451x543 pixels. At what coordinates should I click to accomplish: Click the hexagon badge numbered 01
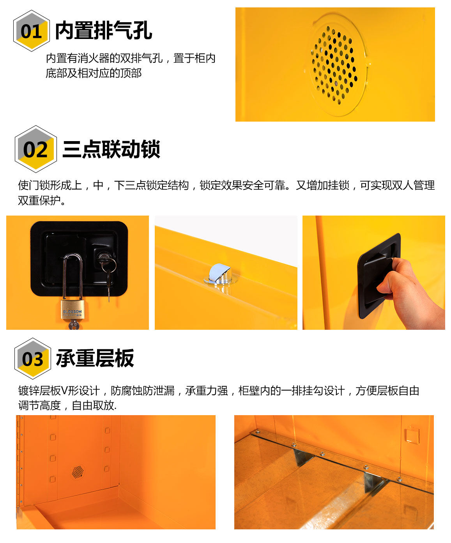32,31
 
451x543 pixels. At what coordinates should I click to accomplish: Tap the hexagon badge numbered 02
35,149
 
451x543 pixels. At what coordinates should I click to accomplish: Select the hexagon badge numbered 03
32,358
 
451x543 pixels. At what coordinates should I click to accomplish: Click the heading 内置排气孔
104,30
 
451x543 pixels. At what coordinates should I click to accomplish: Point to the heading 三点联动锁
111,149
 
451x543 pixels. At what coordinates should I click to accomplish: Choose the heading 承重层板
95,358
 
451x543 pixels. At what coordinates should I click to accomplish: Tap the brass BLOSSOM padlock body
73,310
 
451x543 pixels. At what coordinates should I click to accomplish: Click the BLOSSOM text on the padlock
72,311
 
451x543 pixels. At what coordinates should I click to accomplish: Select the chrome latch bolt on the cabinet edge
221,273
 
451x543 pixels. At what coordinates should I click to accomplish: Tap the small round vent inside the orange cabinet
78,472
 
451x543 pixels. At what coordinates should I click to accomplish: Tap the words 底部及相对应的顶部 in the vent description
94,73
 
